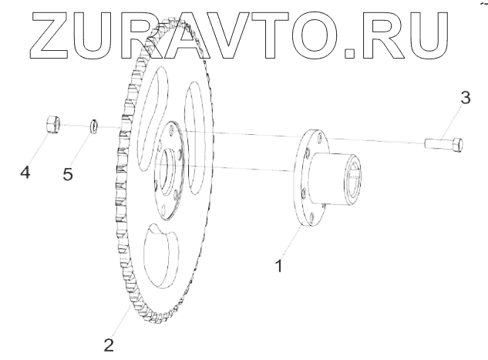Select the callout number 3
[x=463, y=99]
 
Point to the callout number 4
[x=25, y=173]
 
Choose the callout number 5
[x=68, y=173]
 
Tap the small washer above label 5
[x=93, y=125]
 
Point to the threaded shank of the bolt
[x=436, y=143]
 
